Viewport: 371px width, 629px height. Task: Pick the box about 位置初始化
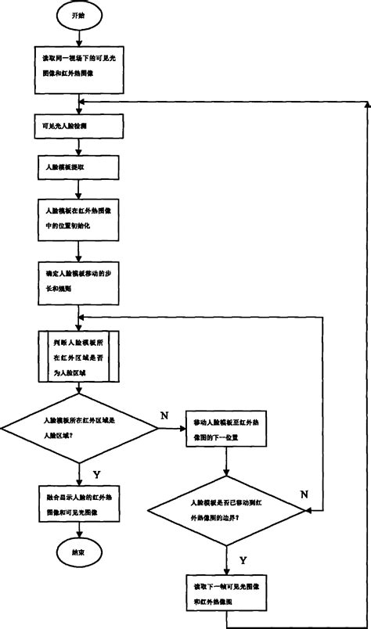79,217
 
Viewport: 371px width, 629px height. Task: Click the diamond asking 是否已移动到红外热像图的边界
226,511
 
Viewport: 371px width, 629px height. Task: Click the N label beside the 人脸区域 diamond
164,415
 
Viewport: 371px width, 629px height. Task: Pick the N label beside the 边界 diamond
305,494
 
